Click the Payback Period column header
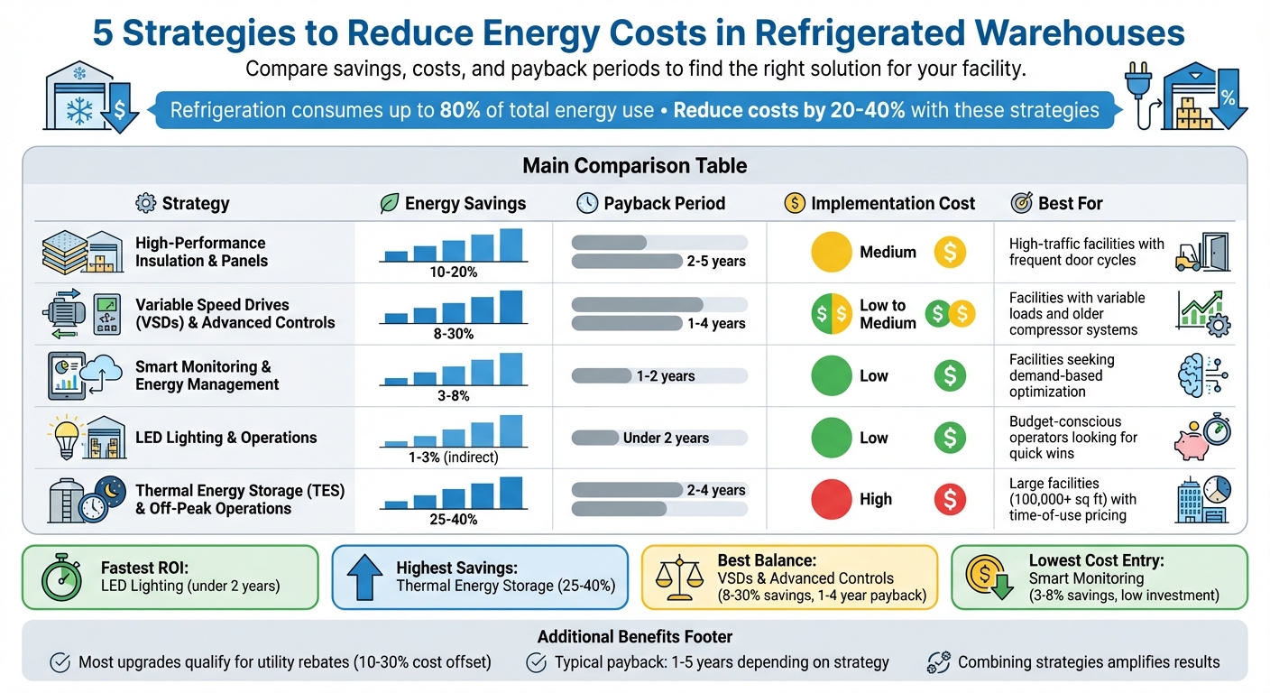click(664, 203)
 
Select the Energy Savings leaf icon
click(389, 203)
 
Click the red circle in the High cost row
click(831, 499)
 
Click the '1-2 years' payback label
click(665, 376)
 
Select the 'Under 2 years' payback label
click(666, 438)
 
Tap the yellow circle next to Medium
click(831, 253)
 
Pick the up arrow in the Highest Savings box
click(364, 577)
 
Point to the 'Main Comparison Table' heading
click(634, 166)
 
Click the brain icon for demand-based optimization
click(1197, 376)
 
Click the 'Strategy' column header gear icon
click(144, 203)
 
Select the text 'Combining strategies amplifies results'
click(1088, 662)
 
